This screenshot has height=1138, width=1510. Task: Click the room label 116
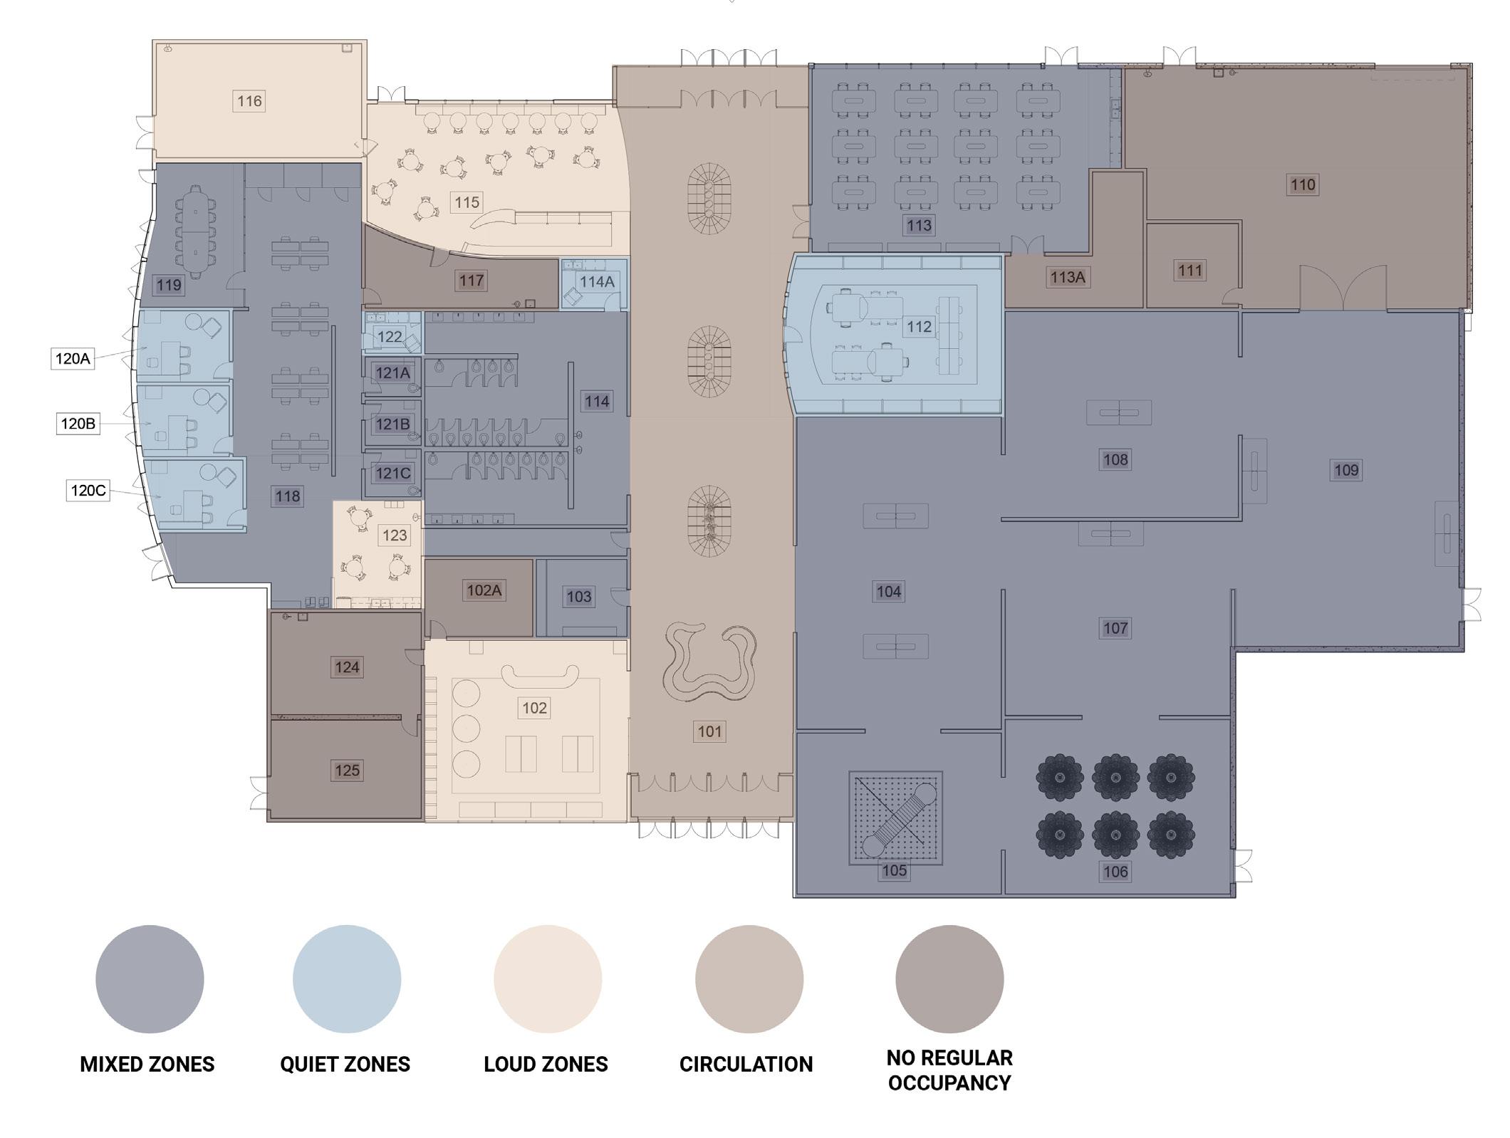click(249, 101)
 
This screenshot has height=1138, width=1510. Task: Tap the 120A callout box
click(73, 358)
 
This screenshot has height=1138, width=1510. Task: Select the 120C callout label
click(88, 490)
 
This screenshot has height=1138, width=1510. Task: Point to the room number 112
click(919, 326)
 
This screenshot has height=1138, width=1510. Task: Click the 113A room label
click(1067, 277)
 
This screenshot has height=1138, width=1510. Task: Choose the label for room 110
click(1303, 184)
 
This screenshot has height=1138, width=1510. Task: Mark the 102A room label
click(484, 590)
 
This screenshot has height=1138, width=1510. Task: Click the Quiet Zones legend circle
click(347, 979)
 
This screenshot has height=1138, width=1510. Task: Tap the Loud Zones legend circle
click(548, 979)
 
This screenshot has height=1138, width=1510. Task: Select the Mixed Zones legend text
click(147, 1064)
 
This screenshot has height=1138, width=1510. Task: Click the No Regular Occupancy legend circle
click(949, 979)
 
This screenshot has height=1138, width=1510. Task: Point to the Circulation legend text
click(746, 1064)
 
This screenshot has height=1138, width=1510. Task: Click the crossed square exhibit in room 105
click(896, 818)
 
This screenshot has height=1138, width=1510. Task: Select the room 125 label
click(347, 770)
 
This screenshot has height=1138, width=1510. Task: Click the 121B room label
click(392, 424)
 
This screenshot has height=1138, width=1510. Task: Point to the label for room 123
click(395, 535)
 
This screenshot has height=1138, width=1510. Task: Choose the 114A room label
click(597, 281)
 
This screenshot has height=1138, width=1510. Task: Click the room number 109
click(1346, 469)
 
